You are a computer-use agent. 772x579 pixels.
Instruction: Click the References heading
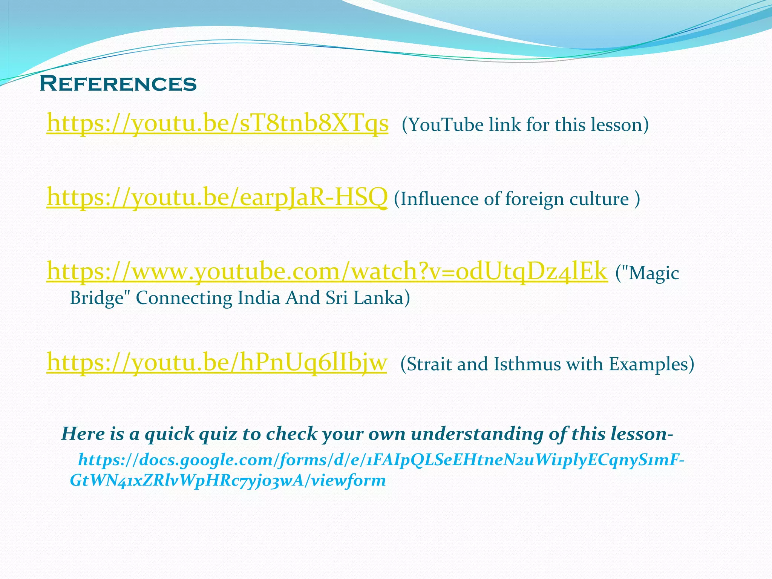(x=118, y=83)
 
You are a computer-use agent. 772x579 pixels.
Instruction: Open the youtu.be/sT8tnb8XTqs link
(x=217, y=124)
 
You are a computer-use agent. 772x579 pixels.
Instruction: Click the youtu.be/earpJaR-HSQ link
(x=217, y=198)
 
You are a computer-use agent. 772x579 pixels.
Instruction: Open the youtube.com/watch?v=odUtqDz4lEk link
(x=327, y=271)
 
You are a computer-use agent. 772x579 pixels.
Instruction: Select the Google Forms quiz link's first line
(x=381, y=460)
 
